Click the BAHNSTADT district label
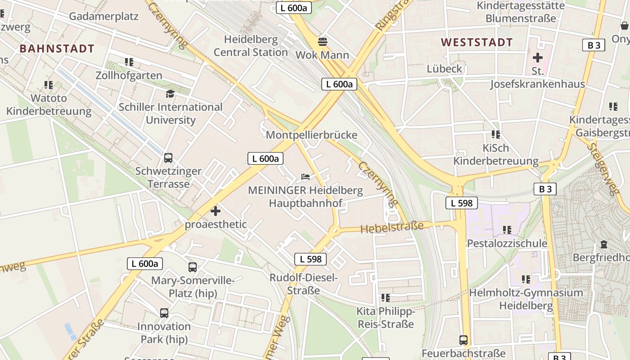coord(57,49)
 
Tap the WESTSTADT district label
coord(477,43)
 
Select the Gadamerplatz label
coord(104,17)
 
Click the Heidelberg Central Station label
coord(251,46)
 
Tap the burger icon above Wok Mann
coord(322,42)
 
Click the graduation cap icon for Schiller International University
coord(170,94)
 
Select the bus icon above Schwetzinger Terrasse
coord(168,158)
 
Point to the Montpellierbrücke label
coord(311,135)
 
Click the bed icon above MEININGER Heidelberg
coord(306,177)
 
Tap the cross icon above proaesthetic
coord(216,211)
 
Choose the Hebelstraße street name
coord(392,227)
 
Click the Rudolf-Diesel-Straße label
coord(304,284)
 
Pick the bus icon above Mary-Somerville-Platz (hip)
coord(193,267)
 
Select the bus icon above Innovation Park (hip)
coord(164,313)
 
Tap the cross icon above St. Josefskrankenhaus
coord(538,58)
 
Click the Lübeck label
coord(445,69)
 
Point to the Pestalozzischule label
coord(507,243)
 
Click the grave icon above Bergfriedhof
coord(604,244)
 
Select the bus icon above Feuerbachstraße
coord(463,340)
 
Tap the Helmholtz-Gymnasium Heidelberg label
coord(526,299)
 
